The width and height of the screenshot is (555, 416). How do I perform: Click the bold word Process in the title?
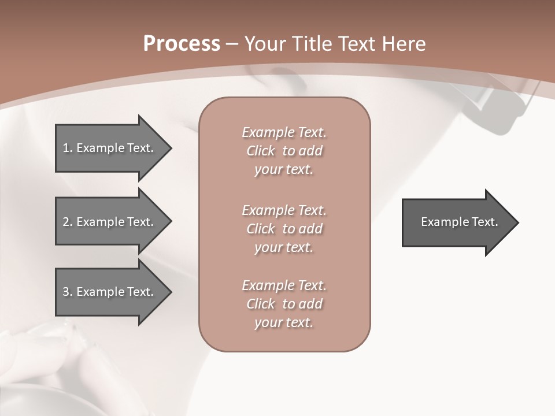pyautogui.click(x=182, y=44)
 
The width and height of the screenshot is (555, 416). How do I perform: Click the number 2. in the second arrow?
pyautogui.click(x=67, y=222)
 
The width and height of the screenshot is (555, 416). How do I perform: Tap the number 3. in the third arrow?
pyautogui.click(x=67, y=292)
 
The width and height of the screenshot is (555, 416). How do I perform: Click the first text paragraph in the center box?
pyautogui.click(x=284, y=151)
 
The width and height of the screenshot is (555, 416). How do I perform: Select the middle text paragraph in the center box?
pyautogui.click(x=284, y=229)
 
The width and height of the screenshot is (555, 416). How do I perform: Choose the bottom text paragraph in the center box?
pyautogui.click(x=284, y=304)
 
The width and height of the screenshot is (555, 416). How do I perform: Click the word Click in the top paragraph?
pyautogui.click(x=261, y=151)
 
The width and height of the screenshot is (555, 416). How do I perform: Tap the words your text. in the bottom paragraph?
pyautogui.click(x=284, y=322)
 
